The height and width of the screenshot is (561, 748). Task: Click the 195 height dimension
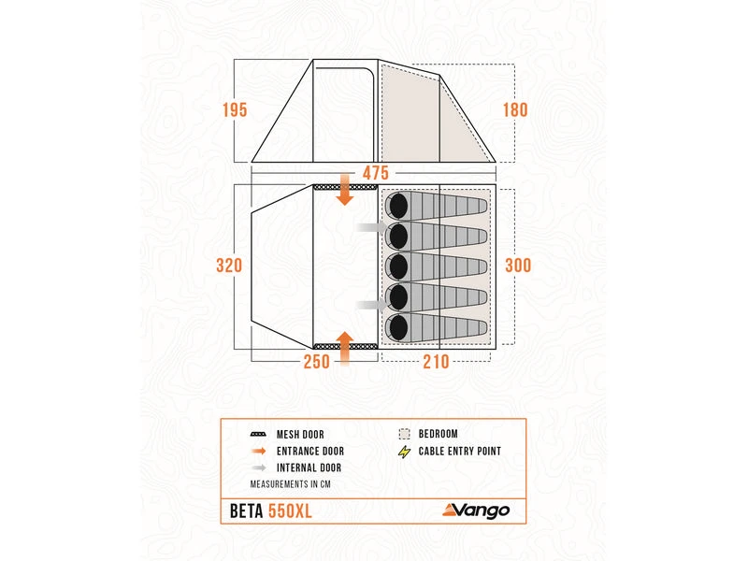235,110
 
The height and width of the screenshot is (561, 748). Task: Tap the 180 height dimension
514,110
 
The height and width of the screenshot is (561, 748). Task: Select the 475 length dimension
375,173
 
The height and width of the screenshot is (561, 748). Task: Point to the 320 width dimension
228,266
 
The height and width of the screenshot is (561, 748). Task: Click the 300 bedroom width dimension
517,266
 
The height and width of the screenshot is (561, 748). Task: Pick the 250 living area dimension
317,362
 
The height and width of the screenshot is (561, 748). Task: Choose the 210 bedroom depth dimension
437,362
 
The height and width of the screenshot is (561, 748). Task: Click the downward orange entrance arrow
345,192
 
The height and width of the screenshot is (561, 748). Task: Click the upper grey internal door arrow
367,229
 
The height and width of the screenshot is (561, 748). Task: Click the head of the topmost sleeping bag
396,205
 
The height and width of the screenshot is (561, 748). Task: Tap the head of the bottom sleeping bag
396,327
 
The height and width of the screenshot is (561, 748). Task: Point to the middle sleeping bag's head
396,266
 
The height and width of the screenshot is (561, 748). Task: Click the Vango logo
476,510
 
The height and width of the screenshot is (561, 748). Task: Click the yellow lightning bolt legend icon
404,451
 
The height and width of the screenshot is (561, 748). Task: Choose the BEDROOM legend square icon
404,434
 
